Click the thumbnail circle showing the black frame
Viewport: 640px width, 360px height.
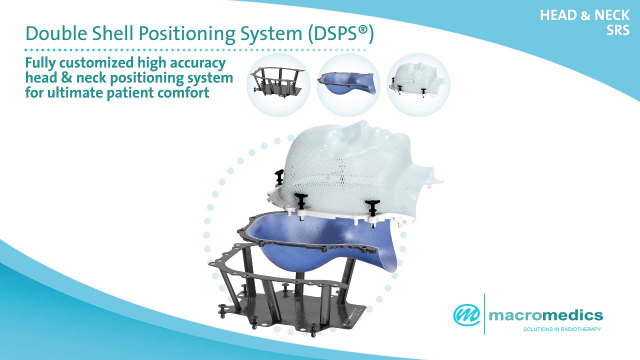point(278,85)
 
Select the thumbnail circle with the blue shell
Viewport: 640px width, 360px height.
point(348,85)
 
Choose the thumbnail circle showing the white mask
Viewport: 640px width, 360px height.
point(418,85)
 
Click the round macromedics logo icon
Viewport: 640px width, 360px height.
point(466,315)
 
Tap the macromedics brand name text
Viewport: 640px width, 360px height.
point(546,315)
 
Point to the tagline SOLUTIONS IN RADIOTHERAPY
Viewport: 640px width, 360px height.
point(561,329)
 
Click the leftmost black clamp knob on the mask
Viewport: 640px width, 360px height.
point(279,175)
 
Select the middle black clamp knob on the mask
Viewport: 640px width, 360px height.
point(300,199)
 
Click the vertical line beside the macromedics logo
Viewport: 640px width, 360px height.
point(484,314)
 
